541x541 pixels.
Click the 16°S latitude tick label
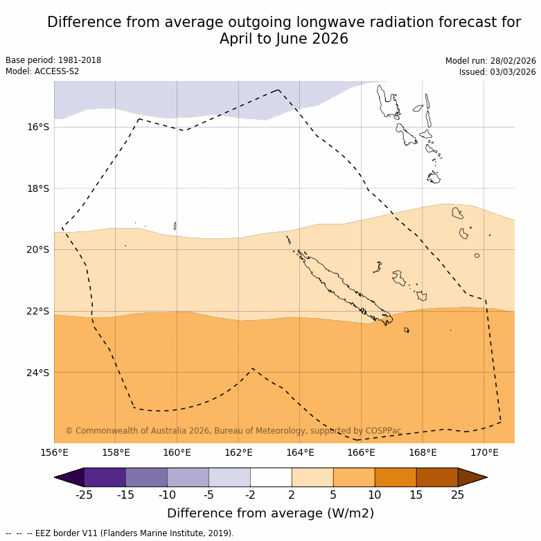click(x=38, y=127)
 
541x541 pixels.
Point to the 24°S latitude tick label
click(x=38, y=373)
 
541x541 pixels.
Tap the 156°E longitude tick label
click(x=54, y=453)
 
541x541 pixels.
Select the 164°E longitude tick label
click(x=300, y=453)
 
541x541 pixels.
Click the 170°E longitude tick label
click(x=484, y=453)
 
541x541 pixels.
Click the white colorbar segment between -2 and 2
click(x=271, y=477)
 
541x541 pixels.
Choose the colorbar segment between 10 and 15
click(x=396, y=477)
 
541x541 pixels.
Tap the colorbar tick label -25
click(x=84, y=495)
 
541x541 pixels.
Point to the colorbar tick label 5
click(x=333, y=495)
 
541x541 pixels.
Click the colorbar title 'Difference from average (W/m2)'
click(x=270, y=513)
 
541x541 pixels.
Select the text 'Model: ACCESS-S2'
click(x=42, y=71)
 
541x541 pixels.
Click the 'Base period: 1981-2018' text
click(x=53, y=60)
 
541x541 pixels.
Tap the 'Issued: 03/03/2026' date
click(x=497, y=72)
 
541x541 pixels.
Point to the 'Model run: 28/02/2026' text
click(x=490, y=61)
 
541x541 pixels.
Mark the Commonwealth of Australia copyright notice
click(x=233, y=431)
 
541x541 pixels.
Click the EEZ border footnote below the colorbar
click(x=120, y=533)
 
